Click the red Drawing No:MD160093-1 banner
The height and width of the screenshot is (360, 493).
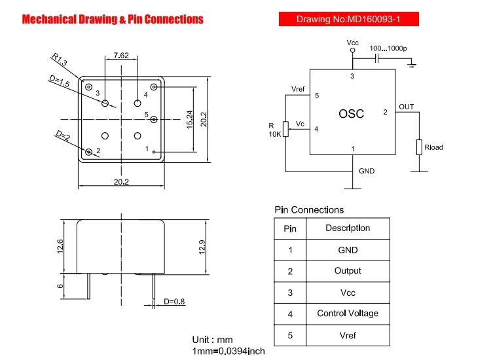(x=349, y=19)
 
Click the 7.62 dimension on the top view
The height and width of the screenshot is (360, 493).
(x=121, y=56)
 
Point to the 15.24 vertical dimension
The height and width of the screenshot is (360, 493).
(x=190, y=120)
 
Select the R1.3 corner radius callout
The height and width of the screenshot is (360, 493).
(x=59, y=60)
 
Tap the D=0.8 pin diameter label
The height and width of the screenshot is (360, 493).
(x=174, y=302)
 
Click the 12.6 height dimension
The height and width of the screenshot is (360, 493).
(x=60, y=246)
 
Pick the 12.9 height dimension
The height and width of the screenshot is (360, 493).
(x=202, y=247)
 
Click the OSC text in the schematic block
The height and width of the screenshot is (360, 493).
(x=351, y=114)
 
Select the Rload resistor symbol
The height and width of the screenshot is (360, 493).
(x=419, y=147)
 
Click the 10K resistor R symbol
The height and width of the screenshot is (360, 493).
(x=285, y=129)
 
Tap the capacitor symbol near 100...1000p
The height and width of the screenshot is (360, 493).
(x=376, y=58)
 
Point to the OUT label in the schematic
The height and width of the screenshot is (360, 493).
(x=406, y=107)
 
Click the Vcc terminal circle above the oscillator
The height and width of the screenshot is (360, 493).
(x=352, y=50)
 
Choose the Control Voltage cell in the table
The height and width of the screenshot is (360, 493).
(x=348, y=314)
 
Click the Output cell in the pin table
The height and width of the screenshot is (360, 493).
(x=348, y=271)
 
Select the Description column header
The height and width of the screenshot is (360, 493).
(x=348, y=228)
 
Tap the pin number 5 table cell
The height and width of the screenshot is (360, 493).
(x=290, y=336)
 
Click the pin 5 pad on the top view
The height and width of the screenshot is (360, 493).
(x=154, y=120)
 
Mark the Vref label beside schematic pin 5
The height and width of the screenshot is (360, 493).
(x=298, y=89)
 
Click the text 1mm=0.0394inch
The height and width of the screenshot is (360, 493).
(x=228, y=351)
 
